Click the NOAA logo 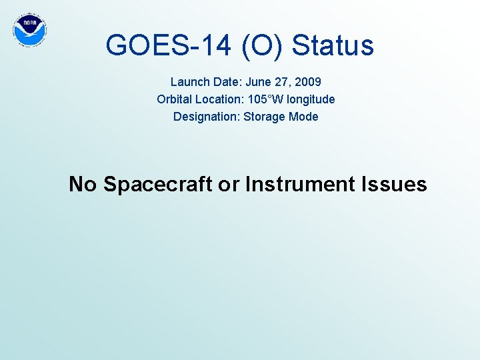(30, 29)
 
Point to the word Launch (190, 82)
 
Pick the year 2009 (307, 82)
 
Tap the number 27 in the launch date (282, 82)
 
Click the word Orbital (177, 99)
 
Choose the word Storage (265, 117)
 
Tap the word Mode (304, 117)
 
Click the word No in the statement (83, 183)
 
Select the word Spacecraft (158, 183)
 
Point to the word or (229, 183)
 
